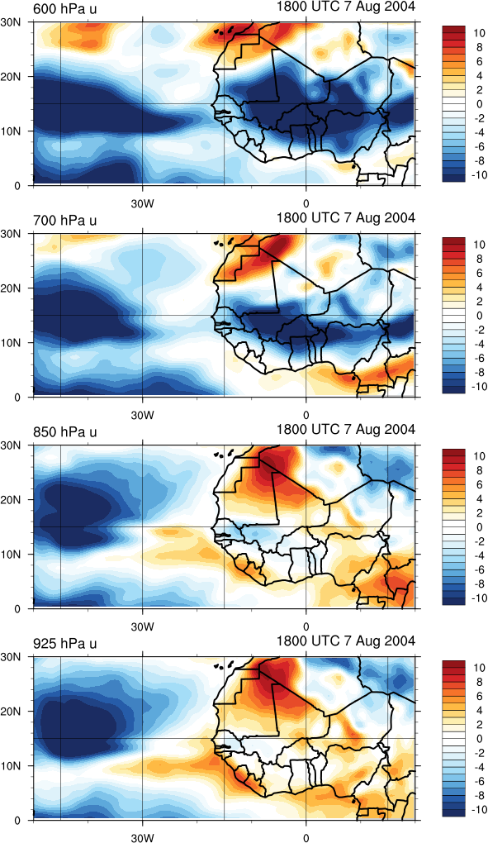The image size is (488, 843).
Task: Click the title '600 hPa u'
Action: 64,8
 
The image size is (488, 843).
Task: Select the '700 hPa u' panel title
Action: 64,221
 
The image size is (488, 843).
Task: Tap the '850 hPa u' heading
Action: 64,432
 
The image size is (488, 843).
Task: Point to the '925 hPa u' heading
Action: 64,644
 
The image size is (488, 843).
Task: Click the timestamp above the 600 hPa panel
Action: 346,7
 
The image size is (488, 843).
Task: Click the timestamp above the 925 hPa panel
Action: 346,641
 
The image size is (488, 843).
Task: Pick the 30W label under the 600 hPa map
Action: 143,204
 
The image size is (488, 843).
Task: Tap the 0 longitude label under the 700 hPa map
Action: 306,416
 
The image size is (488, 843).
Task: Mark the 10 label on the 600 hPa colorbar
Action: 479,33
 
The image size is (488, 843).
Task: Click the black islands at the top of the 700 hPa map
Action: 225,242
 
